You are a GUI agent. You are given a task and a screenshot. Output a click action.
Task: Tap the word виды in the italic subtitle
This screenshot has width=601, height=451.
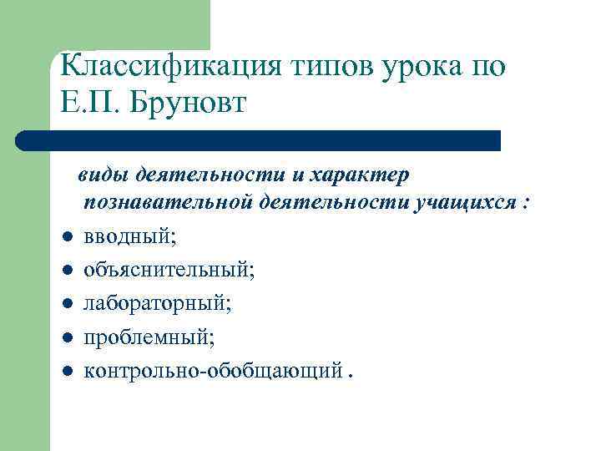(x=102, y=175)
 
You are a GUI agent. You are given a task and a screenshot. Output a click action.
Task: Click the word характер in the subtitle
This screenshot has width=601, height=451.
(x=359, y=175)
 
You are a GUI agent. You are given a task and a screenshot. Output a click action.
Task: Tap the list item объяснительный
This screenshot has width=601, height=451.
(x=169, y=270)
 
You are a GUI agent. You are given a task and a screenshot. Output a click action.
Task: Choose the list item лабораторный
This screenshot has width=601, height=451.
(x=158, y=302)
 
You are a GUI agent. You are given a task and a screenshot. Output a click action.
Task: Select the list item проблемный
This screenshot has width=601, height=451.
(x=149, y=336)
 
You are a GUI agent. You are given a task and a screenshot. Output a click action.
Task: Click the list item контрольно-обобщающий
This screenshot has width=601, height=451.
(x=213, y=368)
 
